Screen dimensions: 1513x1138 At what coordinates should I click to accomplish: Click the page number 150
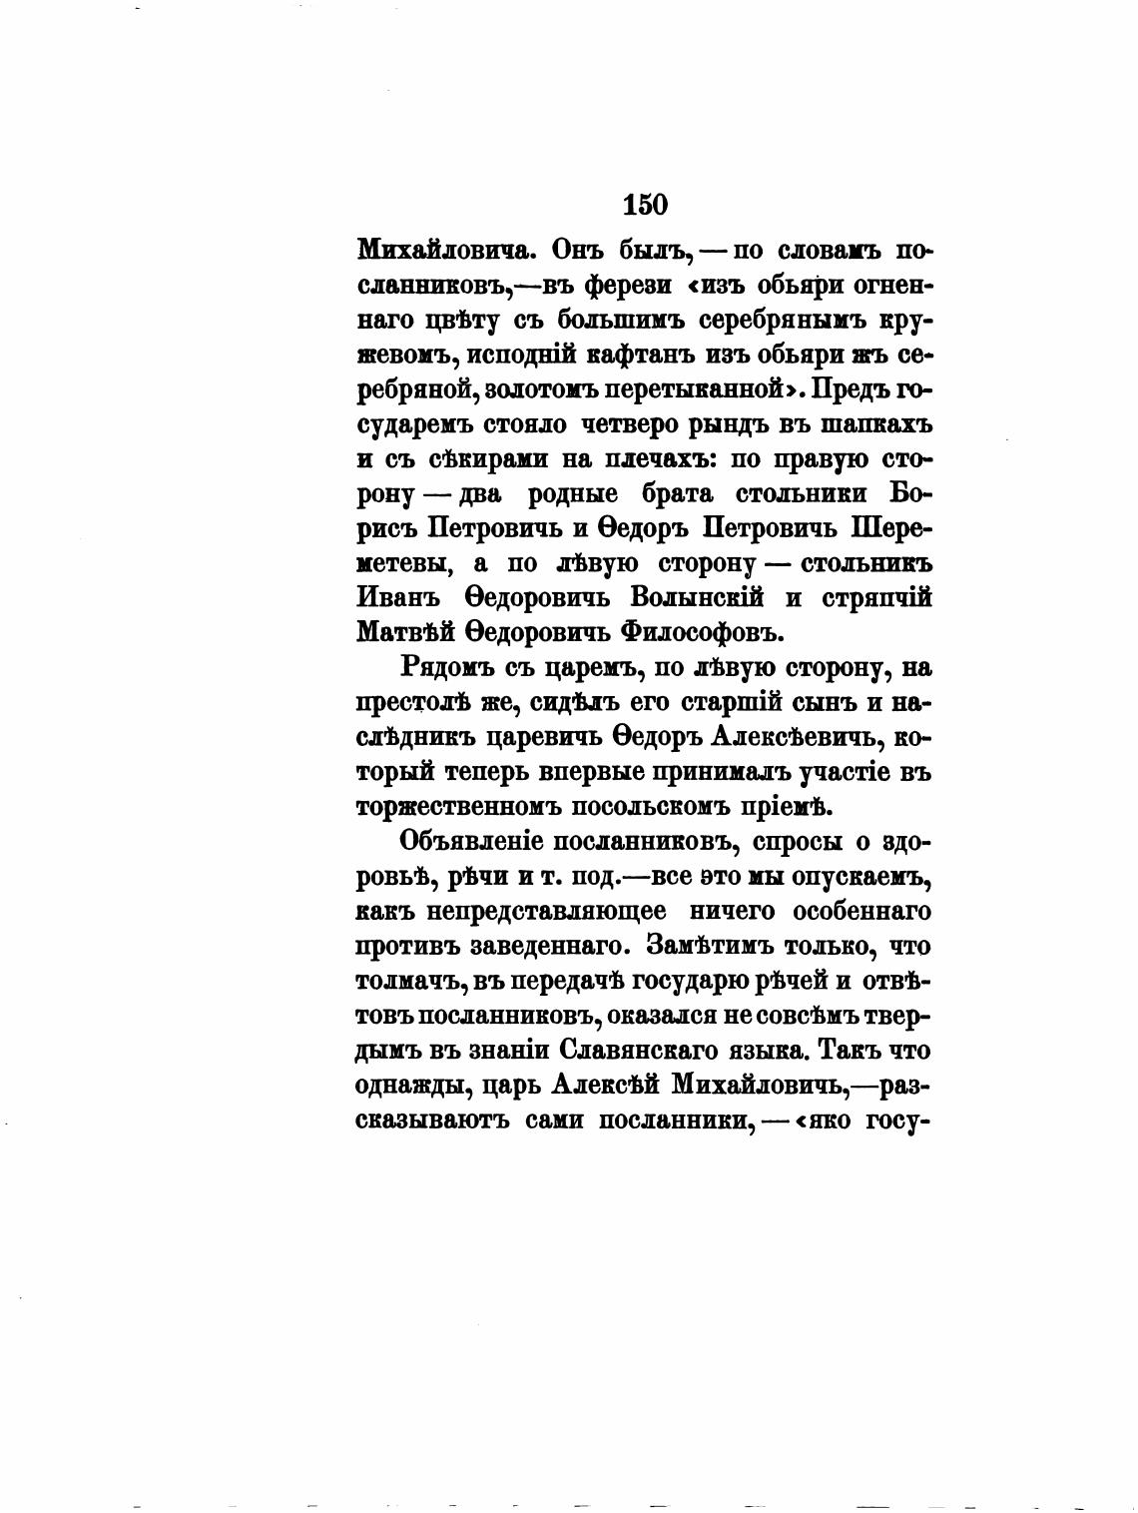(x=644, y=205)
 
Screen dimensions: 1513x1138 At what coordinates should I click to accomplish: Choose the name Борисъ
(x=908, y=494)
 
